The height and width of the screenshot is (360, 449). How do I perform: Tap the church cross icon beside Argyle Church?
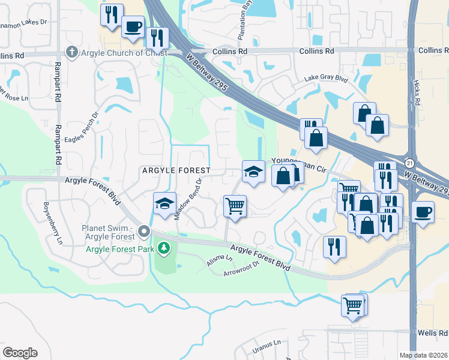click(72, 52)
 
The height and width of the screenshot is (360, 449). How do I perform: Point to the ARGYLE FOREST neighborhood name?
click(176, 170)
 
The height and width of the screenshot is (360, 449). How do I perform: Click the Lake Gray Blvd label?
click(326, 78)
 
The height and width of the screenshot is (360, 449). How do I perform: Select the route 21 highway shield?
click(409, 163)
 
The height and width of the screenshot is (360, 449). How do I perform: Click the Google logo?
click(20, 353)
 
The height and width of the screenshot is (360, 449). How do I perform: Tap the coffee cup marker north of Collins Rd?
click(133, 26)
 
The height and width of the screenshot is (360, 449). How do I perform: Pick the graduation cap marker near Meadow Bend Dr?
click(164, 203)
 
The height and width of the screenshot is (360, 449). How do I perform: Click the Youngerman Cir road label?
click(298, 161)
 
